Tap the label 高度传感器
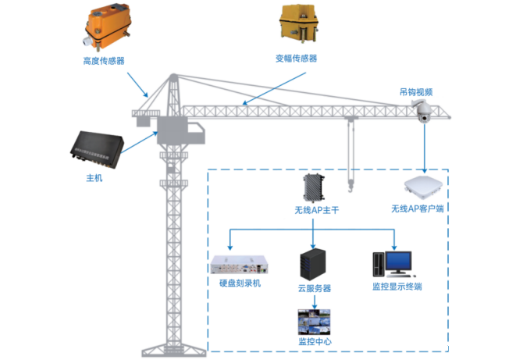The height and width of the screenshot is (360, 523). (104, 60)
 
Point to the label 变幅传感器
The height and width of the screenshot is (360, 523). (297, 59)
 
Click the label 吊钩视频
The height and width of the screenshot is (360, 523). (416, 92)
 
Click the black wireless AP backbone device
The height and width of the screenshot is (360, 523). (314, 187)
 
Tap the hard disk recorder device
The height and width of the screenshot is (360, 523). (242, 265)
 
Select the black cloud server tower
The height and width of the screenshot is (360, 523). (314, 265)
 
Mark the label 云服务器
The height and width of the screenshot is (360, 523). (314, 288)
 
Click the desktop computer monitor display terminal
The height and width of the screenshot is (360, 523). (395, 262)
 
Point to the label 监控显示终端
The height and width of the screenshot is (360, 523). (397, 287)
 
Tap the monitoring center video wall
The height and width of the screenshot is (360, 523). (314, 323)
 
